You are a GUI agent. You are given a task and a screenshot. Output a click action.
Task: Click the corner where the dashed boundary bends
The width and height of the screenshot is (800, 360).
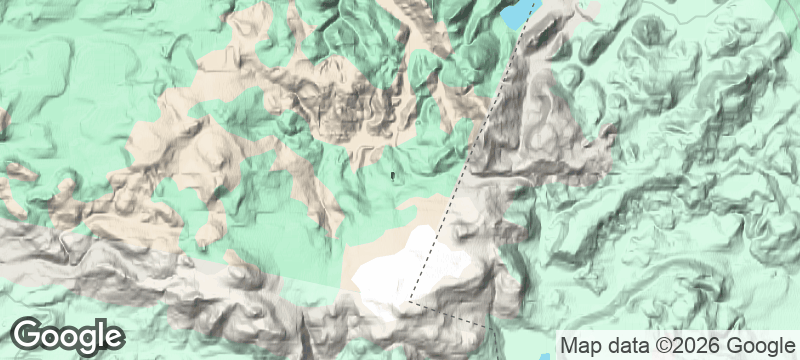(x=409, y=300)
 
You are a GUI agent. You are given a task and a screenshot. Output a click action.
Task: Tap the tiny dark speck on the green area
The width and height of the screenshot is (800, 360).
(x=393, y=177)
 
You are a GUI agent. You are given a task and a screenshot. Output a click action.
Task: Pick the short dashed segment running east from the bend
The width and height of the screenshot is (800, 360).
(x=450, y=313)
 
